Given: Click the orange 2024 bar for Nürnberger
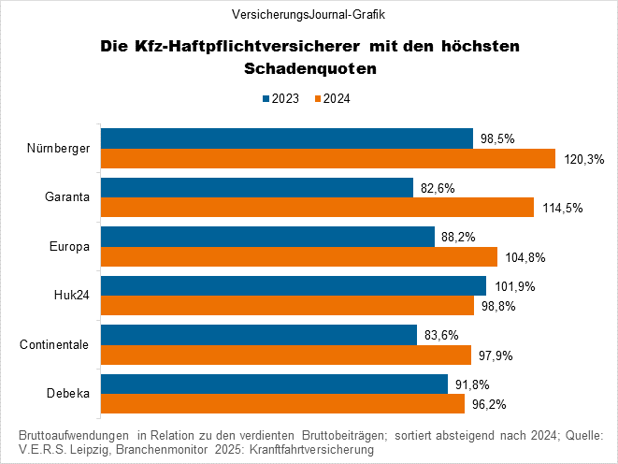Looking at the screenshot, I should click(327, 158).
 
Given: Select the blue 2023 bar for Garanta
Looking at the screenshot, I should click(257, 188).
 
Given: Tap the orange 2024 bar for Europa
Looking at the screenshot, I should click(299, 256).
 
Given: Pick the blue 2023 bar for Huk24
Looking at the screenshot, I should click(294, 285).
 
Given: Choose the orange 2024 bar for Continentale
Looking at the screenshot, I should click(285, 355).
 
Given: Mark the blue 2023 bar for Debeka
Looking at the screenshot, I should click(274, 384).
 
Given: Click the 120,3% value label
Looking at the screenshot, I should click(583, 159).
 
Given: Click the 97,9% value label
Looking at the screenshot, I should click(496, 355).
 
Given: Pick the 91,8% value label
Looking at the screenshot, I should click(473, 384).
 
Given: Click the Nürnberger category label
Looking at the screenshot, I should click(58, 148).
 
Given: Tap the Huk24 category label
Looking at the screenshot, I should click(71, 296).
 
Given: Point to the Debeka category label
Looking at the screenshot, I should click(67, 394).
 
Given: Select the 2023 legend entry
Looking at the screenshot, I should click(281, 98).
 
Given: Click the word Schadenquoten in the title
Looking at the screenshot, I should click(309, 69).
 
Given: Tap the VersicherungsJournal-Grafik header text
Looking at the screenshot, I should click(309, 14).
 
